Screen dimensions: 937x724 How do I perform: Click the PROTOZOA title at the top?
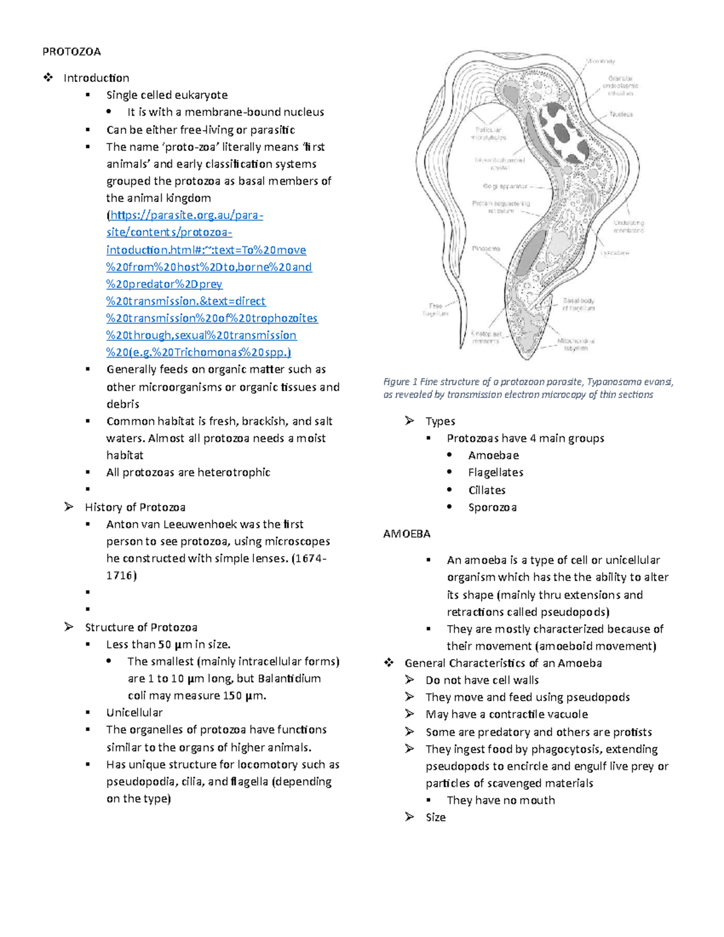tap(71, 51)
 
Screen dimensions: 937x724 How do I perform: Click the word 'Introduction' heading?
tap(96, 78)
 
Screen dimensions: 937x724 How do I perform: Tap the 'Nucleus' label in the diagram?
tap(621, 114)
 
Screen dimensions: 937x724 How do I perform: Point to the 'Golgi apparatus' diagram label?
tap(505, 186)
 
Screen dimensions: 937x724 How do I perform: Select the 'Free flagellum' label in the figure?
tap(435, 310)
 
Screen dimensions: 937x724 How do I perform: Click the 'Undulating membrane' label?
tap(629, 226)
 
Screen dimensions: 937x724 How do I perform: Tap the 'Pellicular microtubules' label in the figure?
tap(489, 133)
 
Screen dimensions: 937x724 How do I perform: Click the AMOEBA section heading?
tap(407, 534)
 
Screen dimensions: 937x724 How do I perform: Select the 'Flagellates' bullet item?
tap(495, 472)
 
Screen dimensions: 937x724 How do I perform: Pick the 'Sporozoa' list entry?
tap(492, 507)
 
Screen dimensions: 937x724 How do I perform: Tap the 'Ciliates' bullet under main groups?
tap(487, 490)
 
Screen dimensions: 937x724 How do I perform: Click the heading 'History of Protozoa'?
tap(135, 507)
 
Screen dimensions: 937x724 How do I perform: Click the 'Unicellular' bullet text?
tap(135, 713)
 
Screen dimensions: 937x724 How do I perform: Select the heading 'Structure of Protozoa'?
tap(141, 627)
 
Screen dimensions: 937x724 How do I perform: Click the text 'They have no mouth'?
tap(501, 801)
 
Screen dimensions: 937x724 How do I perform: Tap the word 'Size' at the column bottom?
tap(436, 818)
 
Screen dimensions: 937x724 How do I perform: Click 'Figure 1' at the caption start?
tap(400, 382)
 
